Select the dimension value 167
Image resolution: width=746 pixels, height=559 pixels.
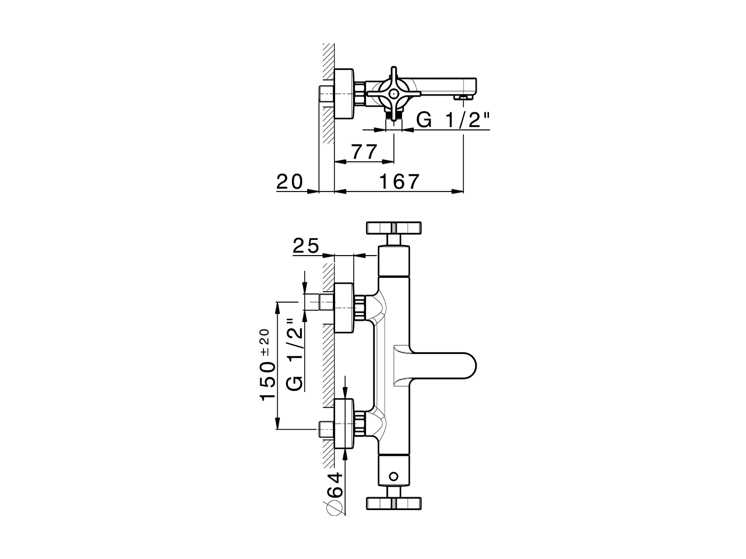click(399, 182)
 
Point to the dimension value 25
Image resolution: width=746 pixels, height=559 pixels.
click(306, 246)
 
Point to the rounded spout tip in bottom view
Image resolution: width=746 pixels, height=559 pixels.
click(466, 366)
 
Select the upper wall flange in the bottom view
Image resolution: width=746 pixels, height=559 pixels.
click(343, 307)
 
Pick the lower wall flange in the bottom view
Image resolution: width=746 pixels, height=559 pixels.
click(343, 423)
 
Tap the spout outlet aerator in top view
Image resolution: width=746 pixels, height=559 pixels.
click(463, 97)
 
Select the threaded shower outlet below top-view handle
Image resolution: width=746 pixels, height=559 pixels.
click(395, 116)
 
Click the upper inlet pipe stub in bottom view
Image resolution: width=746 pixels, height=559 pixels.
click(326, 303)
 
